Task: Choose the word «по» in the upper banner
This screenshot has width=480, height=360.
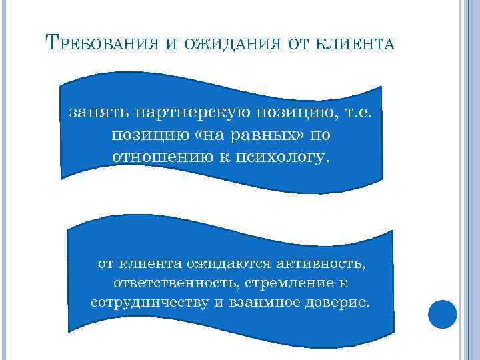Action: (x=320, y=135)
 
